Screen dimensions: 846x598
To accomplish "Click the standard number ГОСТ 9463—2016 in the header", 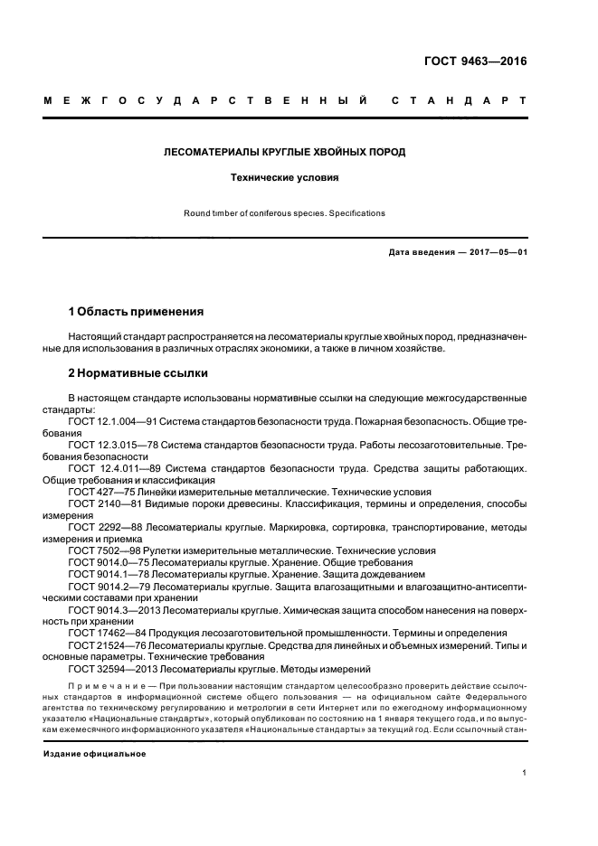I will [x=475, y=62].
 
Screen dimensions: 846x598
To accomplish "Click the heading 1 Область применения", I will [x=136, y=312].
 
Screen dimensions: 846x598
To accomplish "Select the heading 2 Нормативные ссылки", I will [x=138, y=372].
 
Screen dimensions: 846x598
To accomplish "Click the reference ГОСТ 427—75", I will [x=99, y=493].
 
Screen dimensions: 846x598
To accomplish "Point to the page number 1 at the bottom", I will [x=525, y=773].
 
